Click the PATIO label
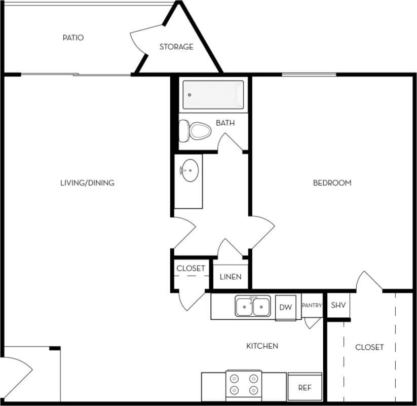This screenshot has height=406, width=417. tap(73, 38)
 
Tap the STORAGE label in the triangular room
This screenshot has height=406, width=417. tap(176, 47)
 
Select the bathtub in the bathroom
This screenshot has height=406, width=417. tap(213, 95)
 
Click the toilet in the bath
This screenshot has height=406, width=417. tap(196, 131)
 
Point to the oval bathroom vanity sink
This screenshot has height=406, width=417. tap(189, 170)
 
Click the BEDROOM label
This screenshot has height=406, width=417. tap(332, 182)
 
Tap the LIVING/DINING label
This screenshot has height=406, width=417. tap(87, 182)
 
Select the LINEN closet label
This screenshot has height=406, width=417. tap(231, 277)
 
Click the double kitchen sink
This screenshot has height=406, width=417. tap(252, 307)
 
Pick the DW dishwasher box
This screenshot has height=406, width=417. tap(286, 307)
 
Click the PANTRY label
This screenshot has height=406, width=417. tap(312, 305)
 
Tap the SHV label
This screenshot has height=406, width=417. tap(338, 305)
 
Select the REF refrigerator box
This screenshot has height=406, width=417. tap(305, 388)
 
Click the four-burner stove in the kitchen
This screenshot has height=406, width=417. tap(244, 384)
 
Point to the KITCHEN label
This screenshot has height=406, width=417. tap(262, 346)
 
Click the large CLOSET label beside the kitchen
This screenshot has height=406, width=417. tap(369, 347)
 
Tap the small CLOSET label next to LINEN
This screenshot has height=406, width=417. tap(191, 268)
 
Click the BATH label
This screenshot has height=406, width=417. tap(225, 123)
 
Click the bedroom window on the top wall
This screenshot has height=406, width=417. tap(309, 75)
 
